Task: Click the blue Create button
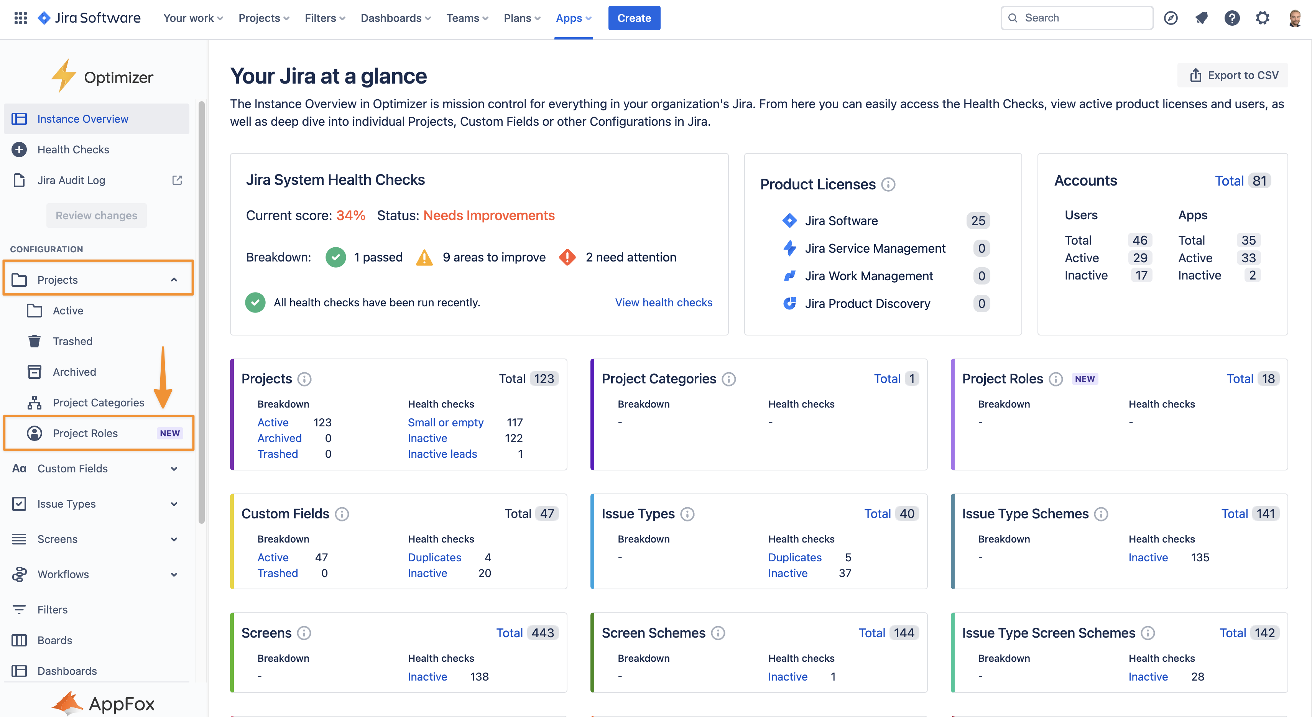pos(634,18)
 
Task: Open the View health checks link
pos(663,303)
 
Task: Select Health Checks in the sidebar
pos(73,149)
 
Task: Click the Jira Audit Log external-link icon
pos(177,180)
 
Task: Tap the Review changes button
pos(96,215)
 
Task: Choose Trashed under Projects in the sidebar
pos(72,341)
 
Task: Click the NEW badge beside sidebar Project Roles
pos(169,433)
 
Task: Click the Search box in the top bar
pos(1077,18)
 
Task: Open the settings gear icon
pos(1262,18)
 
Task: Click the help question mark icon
pos(1231,18)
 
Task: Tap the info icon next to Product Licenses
pos(888,184)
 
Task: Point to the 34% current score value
pos(350,215)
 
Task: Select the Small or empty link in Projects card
pos(445,422)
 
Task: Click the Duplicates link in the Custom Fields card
pos(434,557)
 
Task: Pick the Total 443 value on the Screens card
pos(543,633)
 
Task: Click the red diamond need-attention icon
pos(567,257)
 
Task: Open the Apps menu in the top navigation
pos(573,18)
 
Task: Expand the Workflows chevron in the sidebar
pos(174,574)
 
